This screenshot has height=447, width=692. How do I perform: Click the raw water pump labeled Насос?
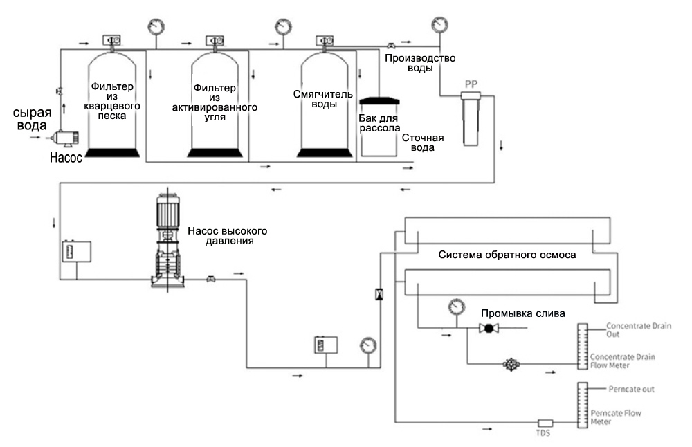click(65, 138)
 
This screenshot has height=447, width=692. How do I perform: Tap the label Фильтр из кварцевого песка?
click(112, 101)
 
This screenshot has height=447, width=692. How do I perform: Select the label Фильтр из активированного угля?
click(215, 102)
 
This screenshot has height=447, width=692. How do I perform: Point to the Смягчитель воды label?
click(323, 99)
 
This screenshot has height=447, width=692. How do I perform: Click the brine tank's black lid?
click(379, 100)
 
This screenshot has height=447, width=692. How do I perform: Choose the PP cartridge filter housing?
click(471, 118)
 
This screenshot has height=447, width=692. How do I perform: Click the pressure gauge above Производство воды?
click(439, 25)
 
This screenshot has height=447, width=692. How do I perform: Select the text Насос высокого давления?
click(228, 236)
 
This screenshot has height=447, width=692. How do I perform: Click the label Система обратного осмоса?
click(507, 255)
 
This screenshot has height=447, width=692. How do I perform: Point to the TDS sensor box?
click(545, 423)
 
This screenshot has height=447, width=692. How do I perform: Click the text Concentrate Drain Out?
click(638, 329)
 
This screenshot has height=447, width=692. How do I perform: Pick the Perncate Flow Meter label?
click(616, 417)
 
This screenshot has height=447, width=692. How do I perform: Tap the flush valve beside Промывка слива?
click(489, 328)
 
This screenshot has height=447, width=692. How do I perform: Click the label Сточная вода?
click(423, 143)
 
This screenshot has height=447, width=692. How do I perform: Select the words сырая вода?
click(32, 119)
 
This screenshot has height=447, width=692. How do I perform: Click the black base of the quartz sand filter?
click(112, 153)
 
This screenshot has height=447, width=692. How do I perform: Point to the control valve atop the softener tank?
click(325, 41)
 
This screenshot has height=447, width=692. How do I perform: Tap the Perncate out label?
click(631, 389)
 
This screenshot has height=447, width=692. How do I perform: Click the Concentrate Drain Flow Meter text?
click(622, 361)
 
